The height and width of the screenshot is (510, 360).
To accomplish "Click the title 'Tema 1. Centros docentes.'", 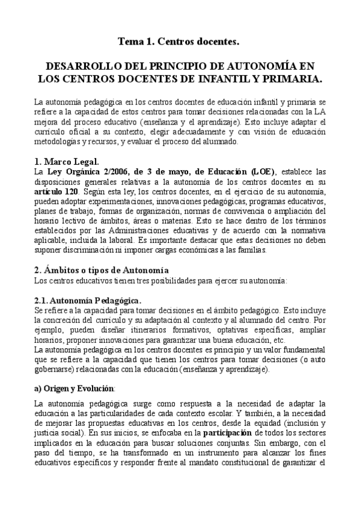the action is coord(179,41).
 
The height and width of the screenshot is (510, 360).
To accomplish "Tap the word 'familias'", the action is coord(284,248).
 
